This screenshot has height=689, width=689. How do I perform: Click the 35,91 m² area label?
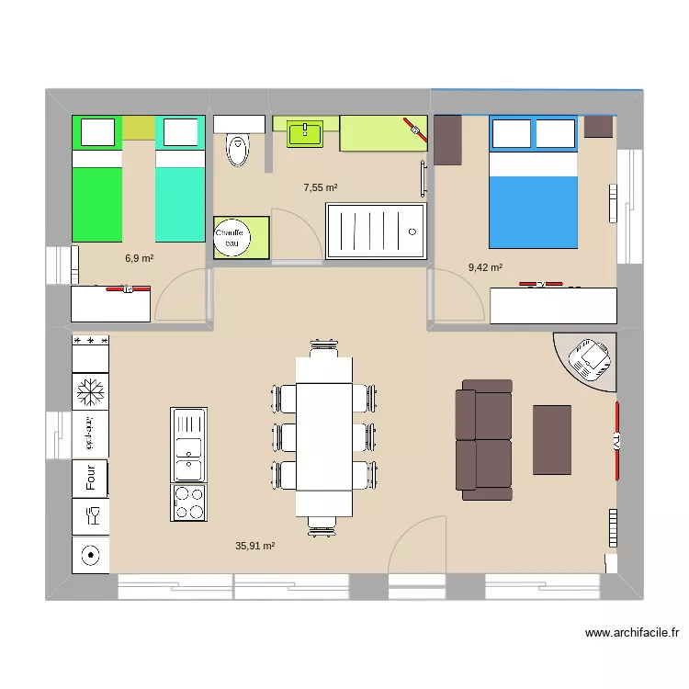click(x=255, y=546)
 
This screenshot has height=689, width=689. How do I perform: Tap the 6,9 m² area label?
click(x=139, y=259)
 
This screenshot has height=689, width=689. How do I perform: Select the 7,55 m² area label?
click(x=321, y=187)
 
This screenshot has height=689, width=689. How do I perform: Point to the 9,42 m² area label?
click(x=485, y=268)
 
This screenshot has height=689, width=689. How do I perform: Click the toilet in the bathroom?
click(x=239, y=149)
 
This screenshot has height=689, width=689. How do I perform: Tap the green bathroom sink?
click(x=305, y=134)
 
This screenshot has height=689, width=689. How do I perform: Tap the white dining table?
click(x=323, y=437)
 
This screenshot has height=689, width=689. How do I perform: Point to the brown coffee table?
click(x=552, y=439)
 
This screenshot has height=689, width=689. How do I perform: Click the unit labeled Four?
click(x=91, y=478)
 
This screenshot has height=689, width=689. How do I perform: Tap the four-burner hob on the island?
click(x=188, y=502)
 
